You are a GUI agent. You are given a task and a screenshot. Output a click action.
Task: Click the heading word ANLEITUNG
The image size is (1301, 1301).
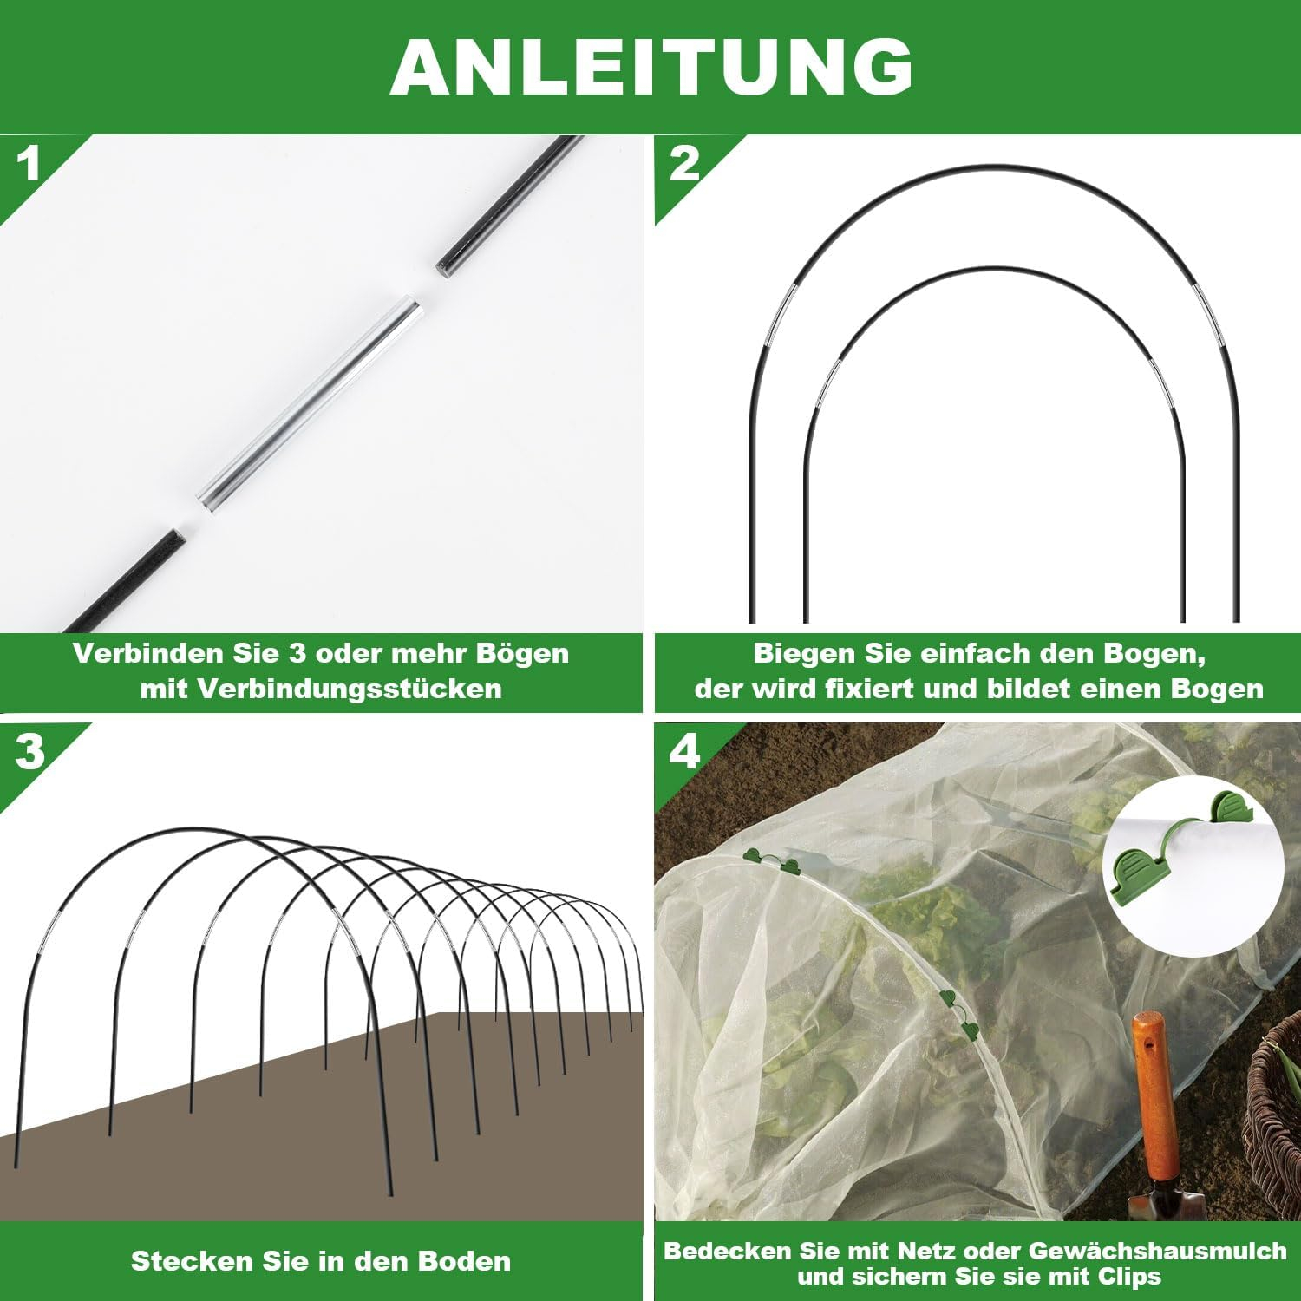click(x=651, y=67)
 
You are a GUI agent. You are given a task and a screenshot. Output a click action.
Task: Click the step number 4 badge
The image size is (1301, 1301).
click(x=684, y=751)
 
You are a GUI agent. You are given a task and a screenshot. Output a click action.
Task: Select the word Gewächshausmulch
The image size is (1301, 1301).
click(x=1158, y=1251)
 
